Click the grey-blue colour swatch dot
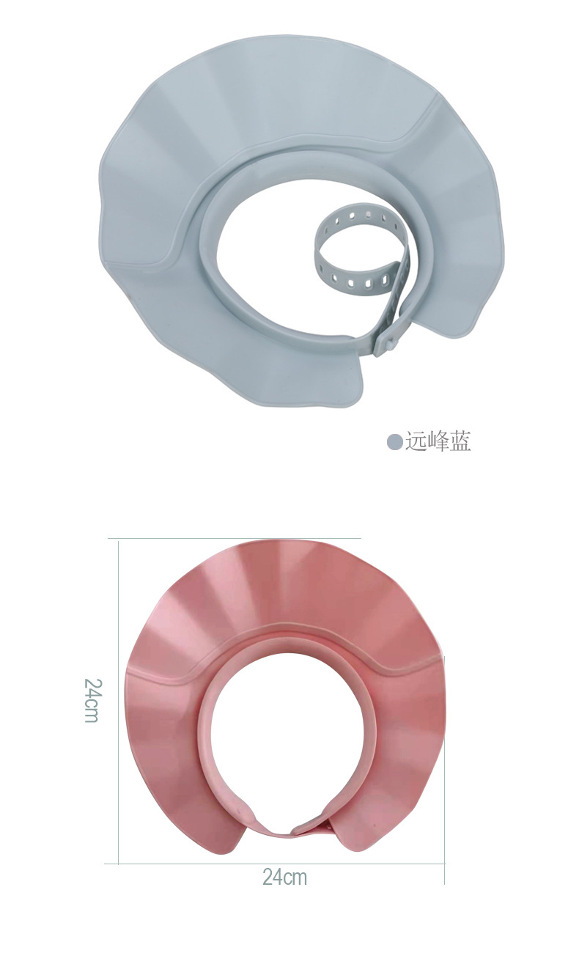pyautogui.click(x=394, y=442)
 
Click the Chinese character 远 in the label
pyautogui.click(x=415, y=441)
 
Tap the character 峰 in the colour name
pyautogui.click(x=437, y=441)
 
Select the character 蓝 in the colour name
pyautogui.click(x=460, y=441)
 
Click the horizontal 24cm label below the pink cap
pyautogui.click(x=284, y=877)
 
